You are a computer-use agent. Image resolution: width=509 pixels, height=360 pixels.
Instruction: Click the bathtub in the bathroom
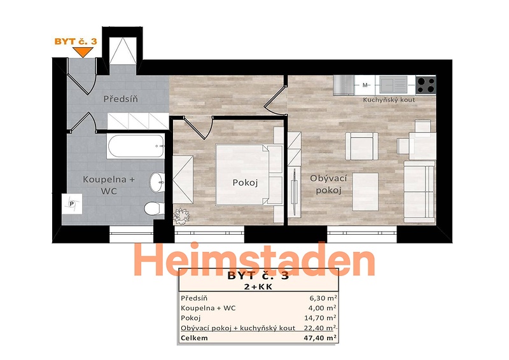click(136, 146)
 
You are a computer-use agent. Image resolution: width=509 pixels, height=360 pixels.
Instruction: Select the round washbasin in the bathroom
click(157, 182)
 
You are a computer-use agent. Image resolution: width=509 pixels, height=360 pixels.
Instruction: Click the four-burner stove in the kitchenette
click(426, 85)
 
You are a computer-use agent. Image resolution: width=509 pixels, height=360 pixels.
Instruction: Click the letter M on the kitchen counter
click(365, 85)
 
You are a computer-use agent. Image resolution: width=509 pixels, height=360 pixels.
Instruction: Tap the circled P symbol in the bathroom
click(72, 204)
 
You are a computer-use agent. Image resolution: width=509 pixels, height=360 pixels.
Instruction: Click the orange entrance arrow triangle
click(83, 52)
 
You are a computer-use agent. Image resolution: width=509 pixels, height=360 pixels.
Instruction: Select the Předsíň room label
click(121, 99)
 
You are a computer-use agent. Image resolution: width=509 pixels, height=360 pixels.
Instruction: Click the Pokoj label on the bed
click(245, 183)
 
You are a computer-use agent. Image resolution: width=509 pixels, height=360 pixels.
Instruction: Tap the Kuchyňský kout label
click(389, 100)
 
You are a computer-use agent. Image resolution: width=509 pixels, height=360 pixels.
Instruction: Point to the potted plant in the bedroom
click(181, 216)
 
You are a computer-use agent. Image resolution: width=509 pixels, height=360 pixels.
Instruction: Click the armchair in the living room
click(361, 146)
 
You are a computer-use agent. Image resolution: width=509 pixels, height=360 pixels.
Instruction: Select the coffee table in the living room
click(365, 192)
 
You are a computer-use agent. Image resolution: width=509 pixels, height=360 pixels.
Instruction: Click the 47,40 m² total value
click(320, 338)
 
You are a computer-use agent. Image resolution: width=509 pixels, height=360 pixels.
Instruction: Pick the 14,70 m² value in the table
click(320, 317)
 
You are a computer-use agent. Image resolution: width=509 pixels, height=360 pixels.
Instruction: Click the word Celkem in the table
click(194, 338)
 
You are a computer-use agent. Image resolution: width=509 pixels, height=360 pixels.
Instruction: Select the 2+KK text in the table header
click(258, 287)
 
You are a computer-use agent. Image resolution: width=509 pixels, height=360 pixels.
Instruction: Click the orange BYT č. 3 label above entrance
click(76, 41)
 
